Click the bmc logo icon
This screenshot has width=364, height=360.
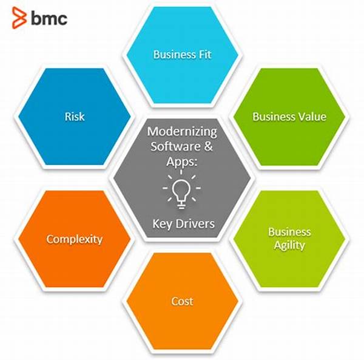click(x=19, y=18)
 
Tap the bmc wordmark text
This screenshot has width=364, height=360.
click(x=48, y=18)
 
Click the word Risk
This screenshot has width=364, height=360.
click(x=75, y=116)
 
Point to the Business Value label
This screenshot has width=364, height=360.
click(x=289, y=116)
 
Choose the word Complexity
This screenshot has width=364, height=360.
click(x=75, y=239)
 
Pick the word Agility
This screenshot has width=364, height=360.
click(x=289, y=245)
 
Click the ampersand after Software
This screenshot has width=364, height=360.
click(x=206, y=146)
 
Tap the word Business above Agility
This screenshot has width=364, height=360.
click(x=289, y=233)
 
